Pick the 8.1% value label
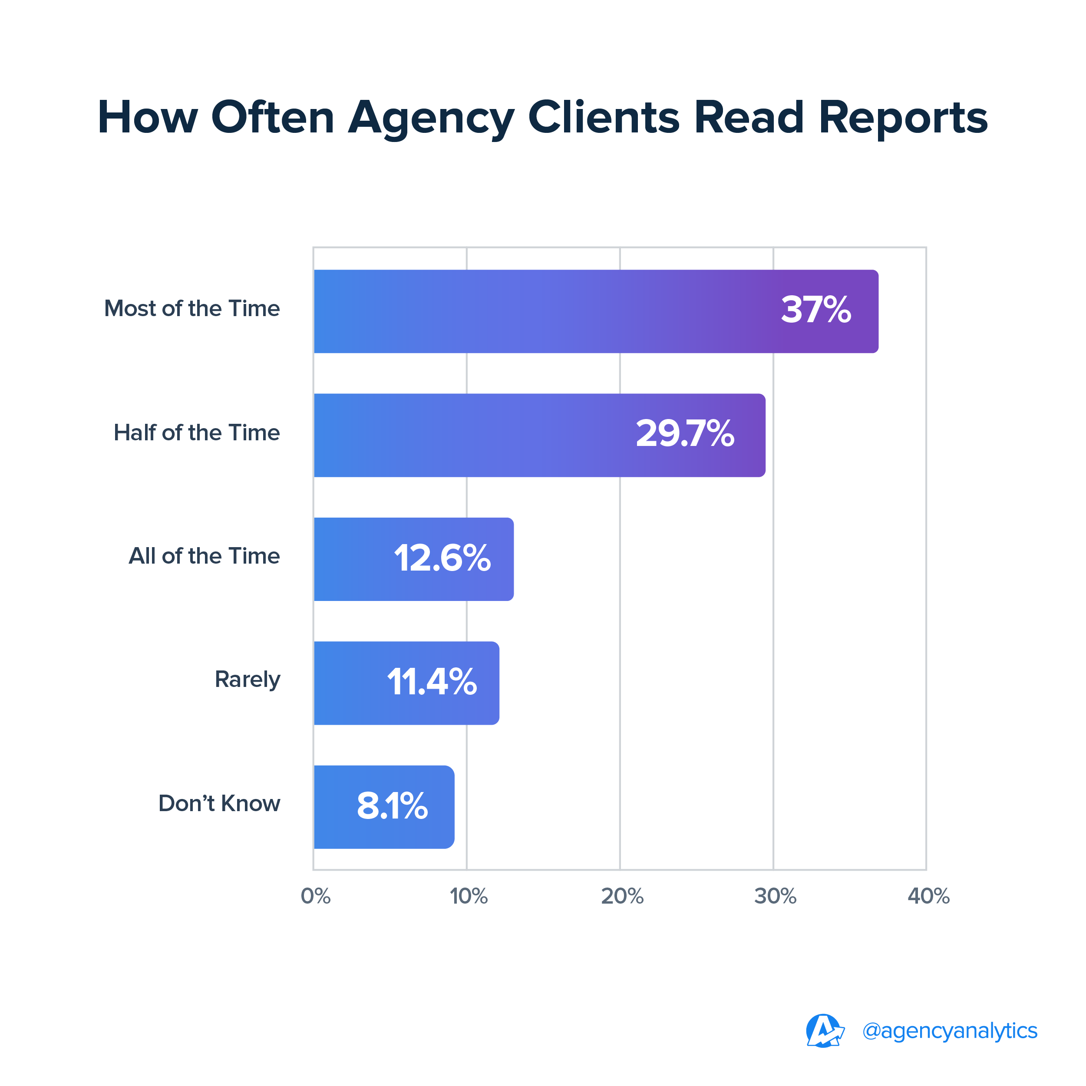point(393,805)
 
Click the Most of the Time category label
point(191,309)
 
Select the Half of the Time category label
point(197,433)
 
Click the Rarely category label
point(248,680)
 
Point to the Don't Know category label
point(219,803)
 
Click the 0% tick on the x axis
point(315,896)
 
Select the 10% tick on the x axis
point(468,896)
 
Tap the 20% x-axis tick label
point(622,896)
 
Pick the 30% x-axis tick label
point(775,896)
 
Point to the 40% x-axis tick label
point(928,896)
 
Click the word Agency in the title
point(431,118)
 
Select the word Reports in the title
point(903,118)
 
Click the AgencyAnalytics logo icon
point(824,1031)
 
